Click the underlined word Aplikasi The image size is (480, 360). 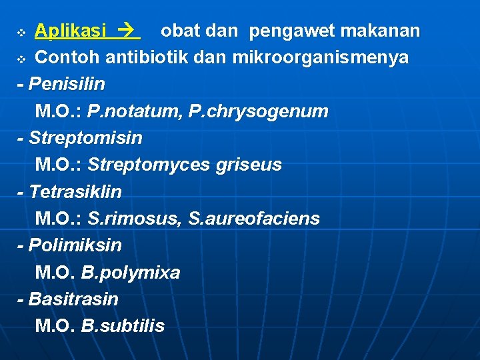click(x=70, y=31)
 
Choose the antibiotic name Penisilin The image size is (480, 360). click(x=67, y=85)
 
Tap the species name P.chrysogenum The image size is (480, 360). click(x=258, y=111)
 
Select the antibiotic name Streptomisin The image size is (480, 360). click(x=85, y=138)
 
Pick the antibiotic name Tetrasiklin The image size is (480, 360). click(x=75, y=192)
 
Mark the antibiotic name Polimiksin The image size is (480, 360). click(x=75, y=245)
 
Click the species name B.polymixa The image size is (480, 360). click(x=131, y=273)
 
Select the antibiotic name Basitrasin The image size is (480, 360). click(x=73, y=299)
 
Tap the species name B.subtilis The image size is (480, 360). click(x=123, y=326)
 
